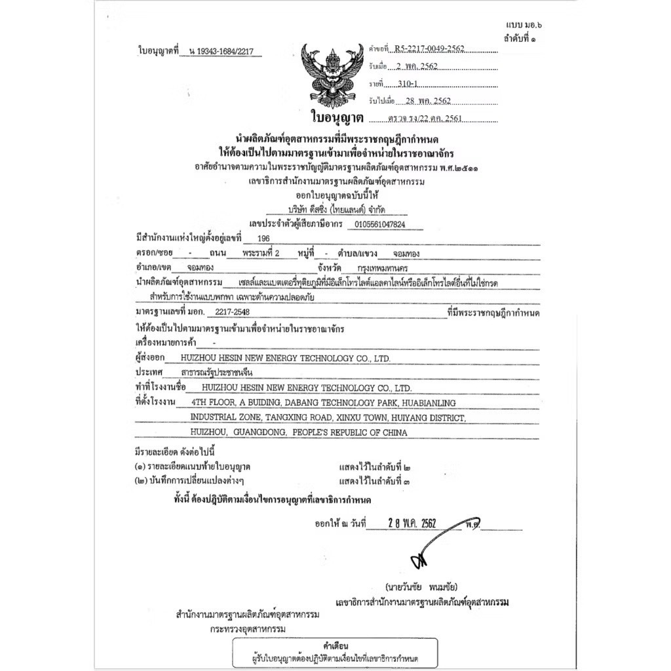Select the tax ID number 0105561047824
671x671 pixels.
379,224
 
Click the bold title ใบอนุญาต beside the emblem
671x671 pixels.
336,119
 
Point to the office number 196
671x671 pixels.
263,239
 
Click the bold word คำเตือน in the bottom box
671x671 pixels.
336,645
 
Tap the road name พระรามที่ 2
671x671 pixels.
260,253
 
